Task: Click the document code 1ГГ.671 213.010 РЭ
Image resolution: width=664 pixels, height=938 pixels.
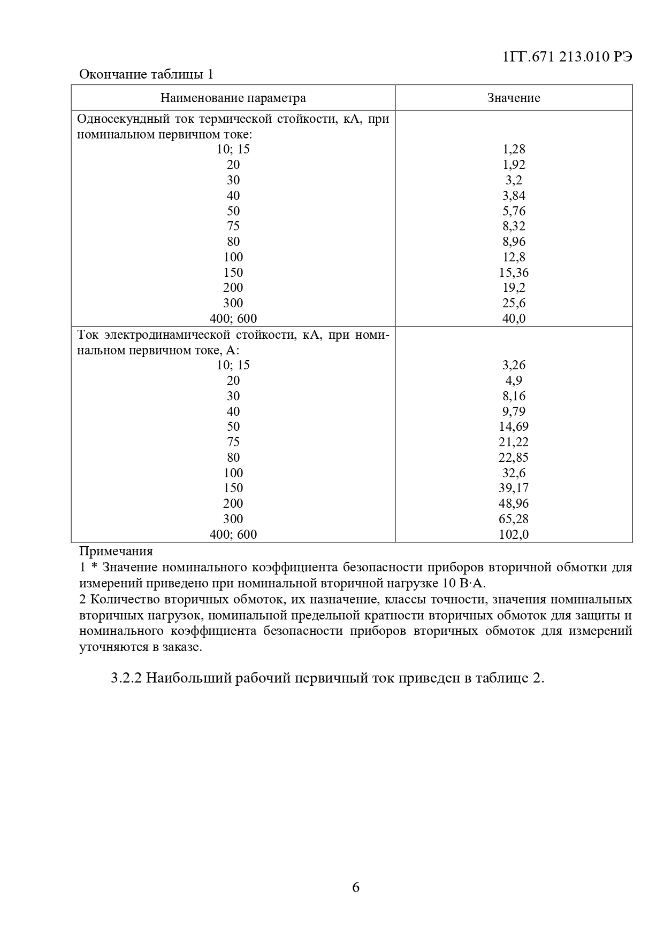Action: coord(568,57)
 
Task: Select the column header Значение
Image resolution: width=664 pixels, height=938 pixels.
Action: coord(513,98)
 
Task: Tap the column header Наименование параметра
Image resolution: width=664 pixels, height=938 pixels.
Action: coord(233,98)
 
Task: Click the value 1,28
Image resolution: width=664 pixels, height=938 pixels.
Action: coord(514,149)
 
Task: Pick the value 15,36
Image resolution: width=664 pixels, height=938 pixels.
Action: coord(514,273)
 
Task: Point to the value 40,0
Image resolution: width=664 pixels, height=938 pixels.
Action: coord(514,319)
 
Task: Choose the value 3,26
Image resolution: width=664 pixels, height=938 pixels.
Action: coord(514,365)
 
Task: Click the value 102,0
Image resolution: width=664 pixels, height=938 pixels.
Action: coord(514,534)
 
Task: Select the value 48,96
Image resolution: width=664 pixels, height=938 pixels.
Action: coord(514,503)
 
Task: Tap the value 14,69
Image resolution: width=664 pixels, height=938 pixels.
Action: coord(514,427)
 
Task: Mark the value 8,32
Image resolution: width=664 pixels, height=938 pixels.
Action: coord(514,226)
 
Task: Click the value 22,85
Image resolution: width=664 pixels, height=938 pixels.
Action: coord(514,458)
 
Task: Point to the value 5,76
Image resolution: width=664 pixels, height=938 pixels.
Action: coord(514,211)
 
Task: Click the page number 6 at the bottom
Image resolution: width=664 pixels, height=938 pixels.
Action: coord(356,888)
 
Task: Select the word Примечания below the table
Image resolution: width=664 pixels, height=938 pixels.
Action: coord(116,551)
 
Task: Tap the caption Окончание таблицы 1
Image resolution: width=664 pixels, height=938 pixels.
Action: coord(146,74)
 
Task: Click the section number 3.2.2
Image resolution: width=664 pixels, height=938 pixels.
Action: coord(126,678)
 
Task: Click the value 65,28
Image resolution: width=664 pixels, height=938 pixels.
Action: coord(514,519)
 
